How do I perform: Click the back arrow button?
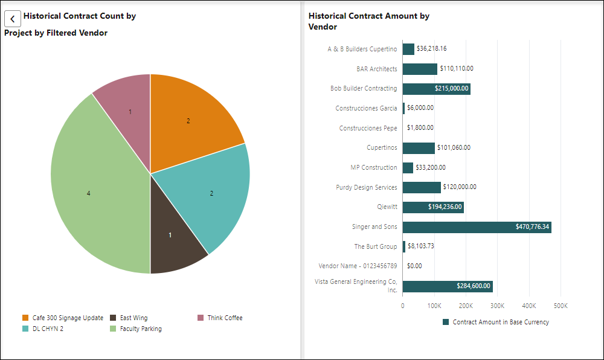tap(13, 19)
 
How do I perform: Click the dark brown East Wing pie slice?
tap(172, 233)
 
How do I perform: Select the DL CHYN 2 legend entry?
tap(45, 329)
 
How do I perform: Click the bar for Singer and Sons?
tap(477, 227)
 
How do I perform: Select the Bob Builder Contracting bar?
tap(436, 89)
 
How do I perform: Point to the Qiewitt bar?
tap(433, 207)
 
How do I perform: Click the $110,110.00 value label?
tap(456, 69)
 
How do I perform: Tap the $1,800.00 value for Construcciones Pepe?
tap(420, 128)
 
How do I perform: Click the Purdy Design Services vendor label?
tap(367, 187)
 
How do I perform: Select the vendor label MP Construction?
tap(374, 167)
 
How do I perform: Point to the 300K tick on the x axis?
tap(497, 306)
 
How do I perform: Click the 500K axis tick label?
tap(560, 306)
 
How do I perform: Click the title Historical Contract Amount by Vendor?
tap(368, 22)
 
